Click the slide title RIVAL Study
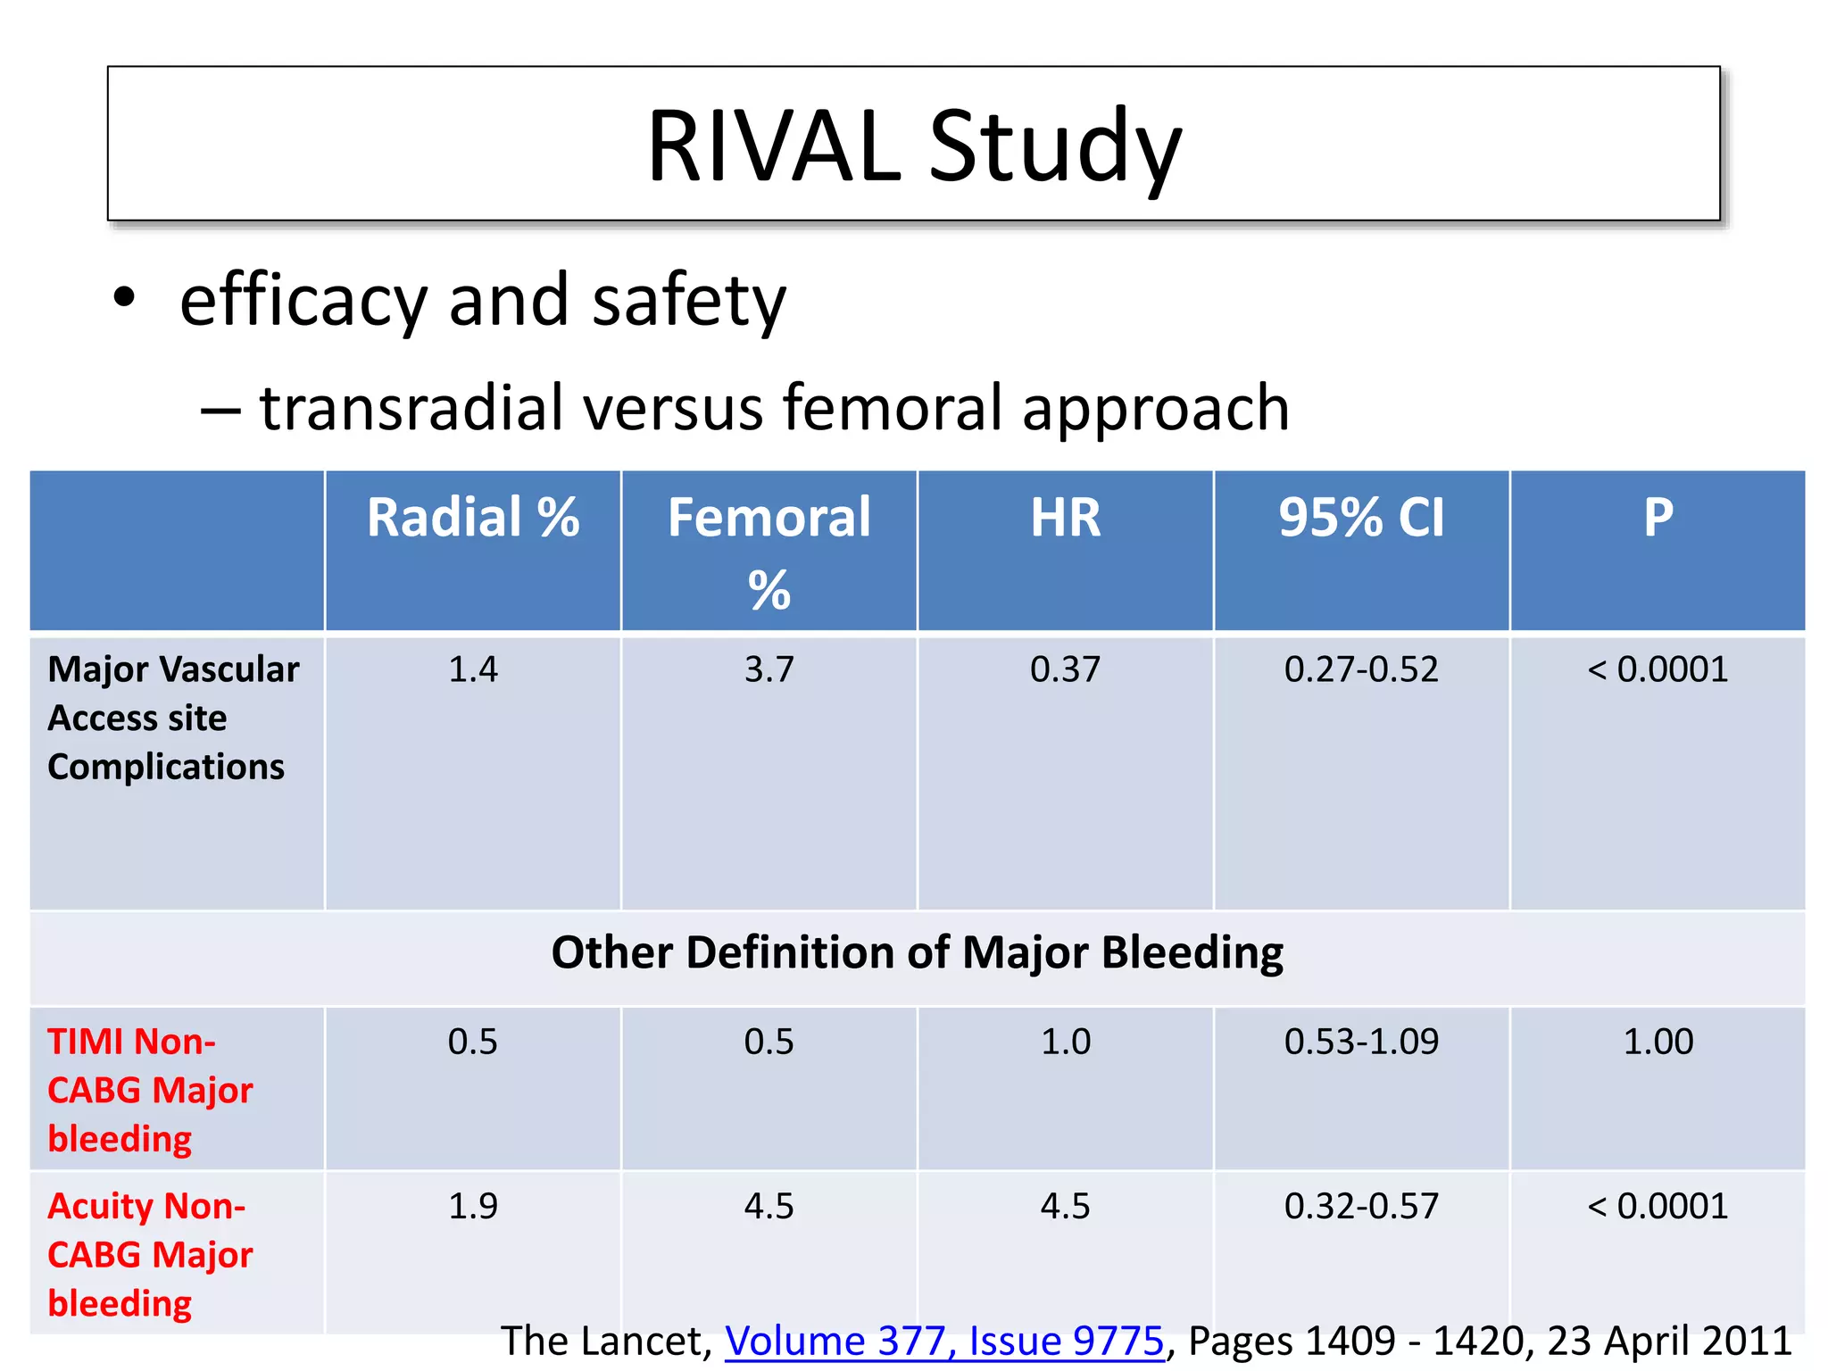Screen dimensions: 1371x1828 tap(914, 145)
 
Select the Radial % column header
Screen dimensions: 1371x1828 tap(473, 518)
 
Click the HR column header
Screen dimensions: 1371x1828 tap(1066, 518)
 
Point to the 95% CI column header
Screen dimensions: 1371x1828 tap(1361, 518)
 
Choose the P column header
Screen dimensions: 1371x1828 tap(1658, 518)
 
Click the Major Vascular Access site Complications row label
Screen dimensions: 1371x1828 tap(172, 718)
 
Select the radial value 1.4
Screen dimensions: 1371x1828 tap(473, 669)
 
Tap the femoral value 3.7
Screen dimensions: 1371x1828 tap(769, 669)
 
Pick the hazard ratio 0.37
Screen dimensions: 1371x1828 tap(1065, 669)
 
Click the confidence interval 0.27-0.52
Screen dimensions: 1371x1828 tap(1361, 669)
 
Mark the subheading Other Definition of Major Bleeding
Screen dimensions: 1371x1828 tap(917, 952)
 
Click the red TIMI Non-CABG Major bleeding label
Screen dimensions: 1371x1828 tap(149, 1090)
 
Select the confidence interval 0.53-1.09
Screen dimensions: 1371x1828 tap(1361, 1042)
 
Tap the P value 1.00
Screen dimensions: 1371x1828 tap(1658, 1042)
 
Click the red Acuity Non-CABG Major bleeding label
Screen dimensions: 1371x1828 tap(149, 1254)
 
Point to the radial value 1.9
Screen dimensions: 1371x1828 tap(473, 1206)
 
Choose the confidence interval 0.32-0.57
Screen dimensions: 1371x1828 tap(1361, 1206)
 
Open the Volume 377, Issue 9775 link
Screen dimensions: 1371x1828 tap(944, 1341)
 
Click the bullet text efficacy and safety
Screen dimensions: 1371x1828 tap(482, 301)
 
